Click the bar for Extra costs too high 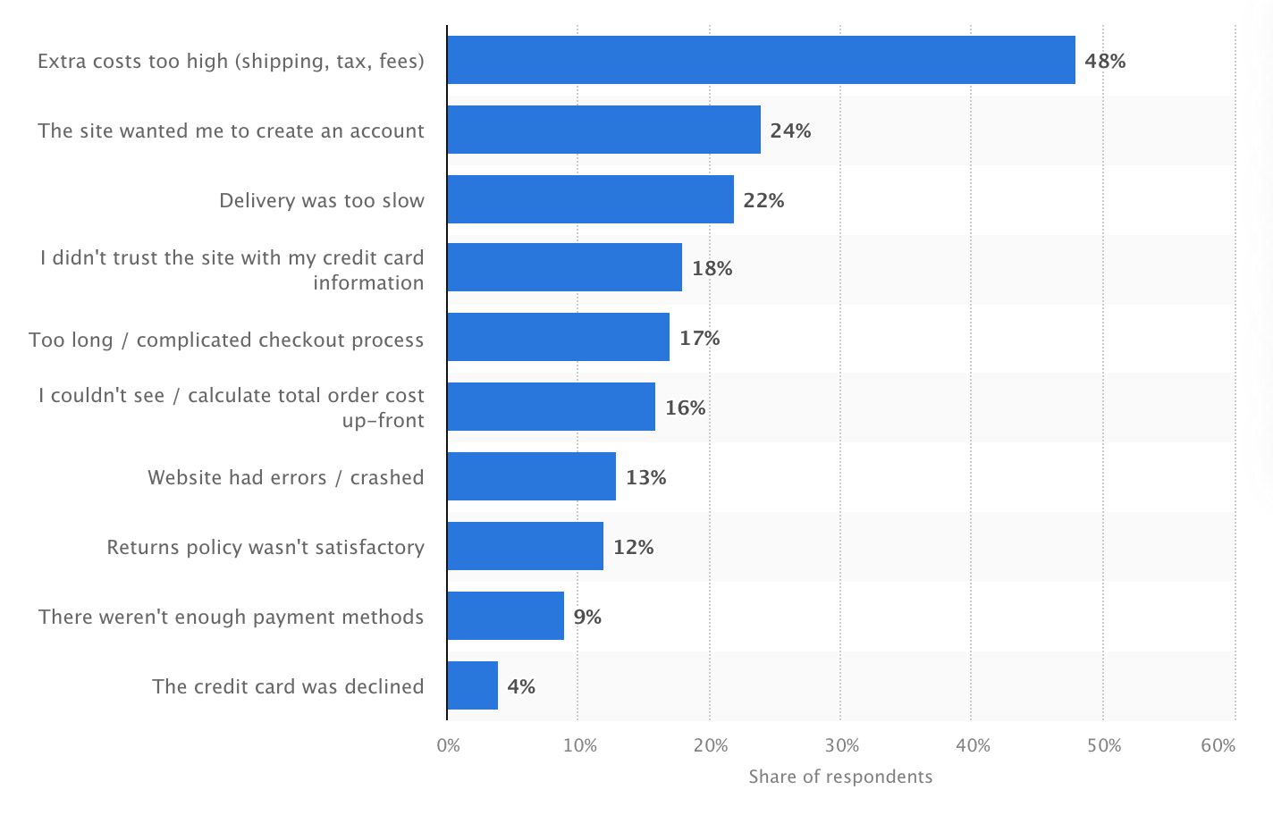coord(761,60)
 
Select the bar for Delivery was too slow coord(590,199)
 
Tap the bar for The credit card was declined coord(472,685)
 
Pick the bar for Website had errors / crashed coord(531,476)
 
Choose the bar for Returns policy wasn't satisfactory coord(525,546)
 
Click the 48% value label coord(1105,61)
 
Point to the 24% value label coord(790,130)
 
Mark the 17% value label coord(699,338)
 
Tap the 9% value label coord(587,617)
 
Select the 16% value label coord(685,407)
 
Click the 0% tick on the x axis coord(448,745)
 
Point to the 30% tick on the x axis coord(841,745)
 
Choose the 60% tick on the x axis coord(1218,745)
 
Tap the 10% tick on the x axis coord(579,745)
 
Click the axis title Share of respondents coord(840,777)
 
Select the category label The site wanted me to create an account coord(231,130)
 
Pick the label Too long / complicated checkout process coord(226,340)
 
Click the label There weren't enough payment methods coord(231,617)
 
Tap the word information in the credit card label coord(368,282)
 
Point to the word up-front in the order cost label coord(383,420)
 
